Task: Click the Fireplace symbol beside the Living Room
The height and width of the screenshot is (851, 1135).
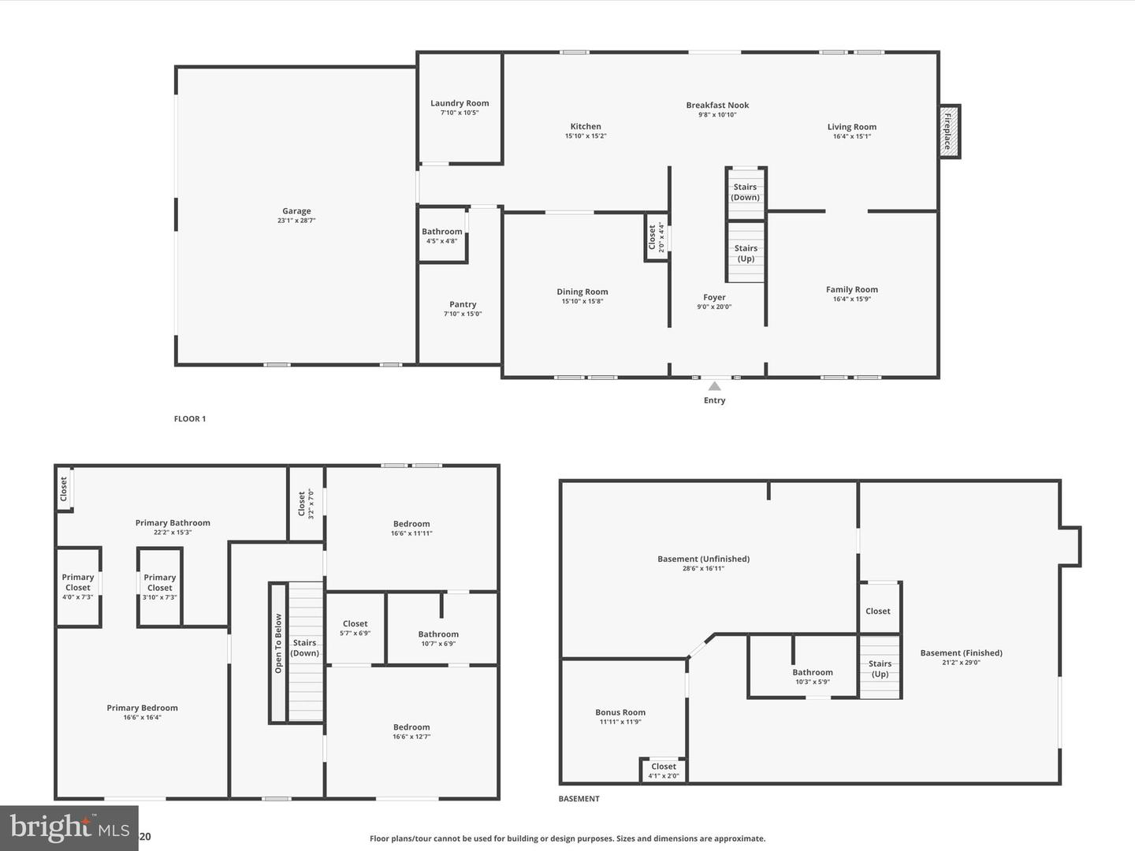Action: click(949, 132)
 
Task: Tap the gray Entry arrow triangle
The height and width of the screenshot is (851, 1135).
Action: click(714, 386)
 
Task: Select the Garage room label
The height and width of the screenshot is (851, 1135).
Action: click(296, 211)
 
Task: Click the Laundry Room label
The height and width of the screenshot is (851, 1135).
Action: click(460, 103)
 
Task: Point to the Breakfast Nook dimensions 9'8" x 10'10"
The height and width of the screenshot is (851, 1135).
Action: click(717, 115)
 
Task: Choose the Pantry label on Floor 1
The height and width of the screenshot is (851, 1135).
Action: click(463, 304)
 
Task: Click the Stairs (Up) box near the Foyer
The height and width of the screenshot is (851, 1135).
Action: click(746, 252)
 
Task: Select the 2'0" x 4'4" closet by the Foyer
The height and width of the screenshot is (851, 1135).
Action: click(657, 237)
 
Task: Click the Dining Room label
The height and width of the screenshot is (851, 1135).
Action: click(582, 292)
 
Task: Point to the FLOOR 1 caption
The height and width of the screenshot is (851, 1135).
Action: click(190, 418)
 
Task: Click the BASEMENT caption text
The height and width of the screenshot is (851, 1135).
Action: click(579, 798)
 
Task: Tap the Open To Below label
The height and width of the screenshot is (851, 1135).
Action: click(278, 643)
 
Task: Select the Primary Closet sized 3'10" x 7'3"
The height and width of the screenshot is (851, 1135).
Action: click(160, 587)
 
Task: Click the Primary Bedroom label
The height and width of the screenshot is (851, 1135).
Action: click(142, 708)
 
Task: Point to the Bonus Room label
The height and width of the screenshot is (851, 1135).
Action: click(620, 712)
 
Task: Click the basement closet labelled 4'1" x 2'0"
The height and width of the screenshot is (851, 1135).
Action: click(664, 771)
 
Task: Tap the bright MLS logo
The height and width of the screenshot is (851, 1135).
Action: click(69, 827)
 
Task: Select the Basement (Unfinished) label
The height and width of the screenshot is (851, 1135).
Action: click(703, 559)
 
